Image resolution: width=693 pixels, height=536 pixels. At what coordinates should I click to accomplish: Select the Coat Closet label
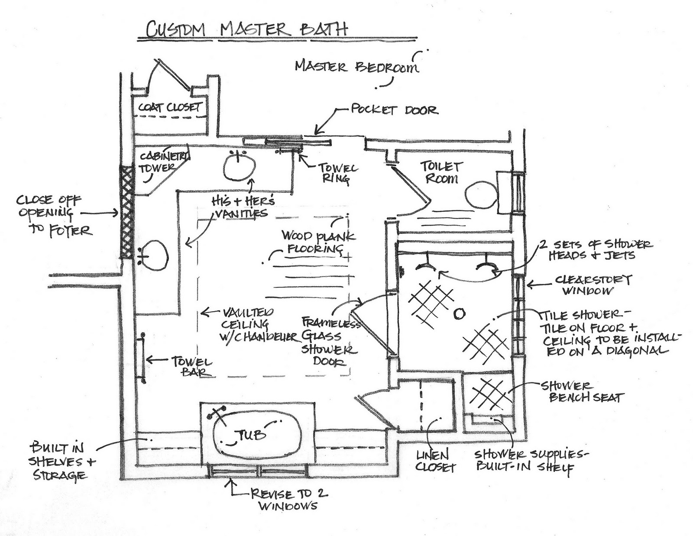click(169, 107)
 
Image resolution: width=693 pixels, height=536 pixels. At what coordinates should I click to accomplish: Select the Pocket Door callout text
click(394, 109)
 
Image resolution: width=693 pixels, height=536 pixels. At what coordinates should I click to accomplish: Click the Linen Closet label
click(435, 461)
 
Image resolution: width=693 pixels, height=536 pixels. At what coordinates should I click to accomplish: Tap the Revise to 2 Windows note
click(288, 500)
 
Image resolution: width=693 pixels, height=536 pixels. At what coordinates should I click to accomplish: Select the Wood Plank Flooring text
click(318, 242)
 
